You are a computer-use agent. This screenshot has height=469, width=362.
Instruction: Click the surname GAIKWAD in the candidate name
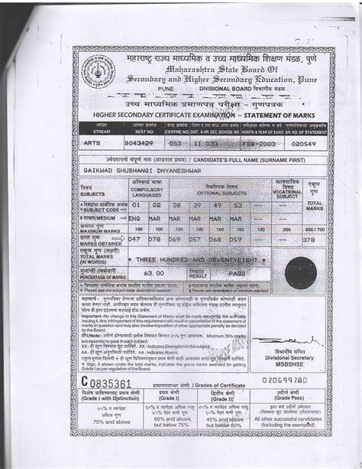pyautogui.click(x=101, y=172)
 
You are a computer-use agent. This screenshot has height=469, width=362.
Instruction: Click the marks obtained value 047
pyautogui.click(x=137, y=239)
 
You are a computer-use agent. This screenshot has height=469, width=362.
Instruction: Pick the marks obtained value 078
pyautogui.click(x=156, y=239)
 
